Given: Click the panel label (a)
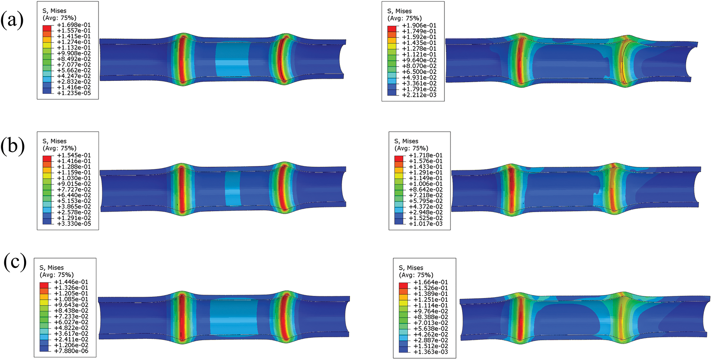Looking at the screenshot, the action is tap(12, 20).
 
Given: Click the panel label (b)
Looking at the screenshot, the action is tap(12, 147).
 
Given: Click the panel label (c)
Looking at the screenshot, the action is tap(15, 262).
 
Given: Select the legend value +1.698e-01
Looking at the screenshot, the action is tap(74, 25).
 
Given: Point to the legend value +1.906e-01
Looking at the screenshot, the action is tap(419, 25).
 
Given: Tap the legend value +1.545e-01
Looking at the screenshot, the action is tap(74, 155).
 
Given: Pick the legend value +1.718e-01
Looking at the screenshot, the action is tap(425, 155).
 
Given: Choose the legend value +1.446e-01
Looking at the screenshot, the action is tap(71, 282).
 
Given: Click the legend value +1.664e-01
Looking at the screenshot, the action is tap(431, 282).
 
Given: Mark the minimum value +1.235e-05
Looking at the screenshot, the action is tap(74, 93).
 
